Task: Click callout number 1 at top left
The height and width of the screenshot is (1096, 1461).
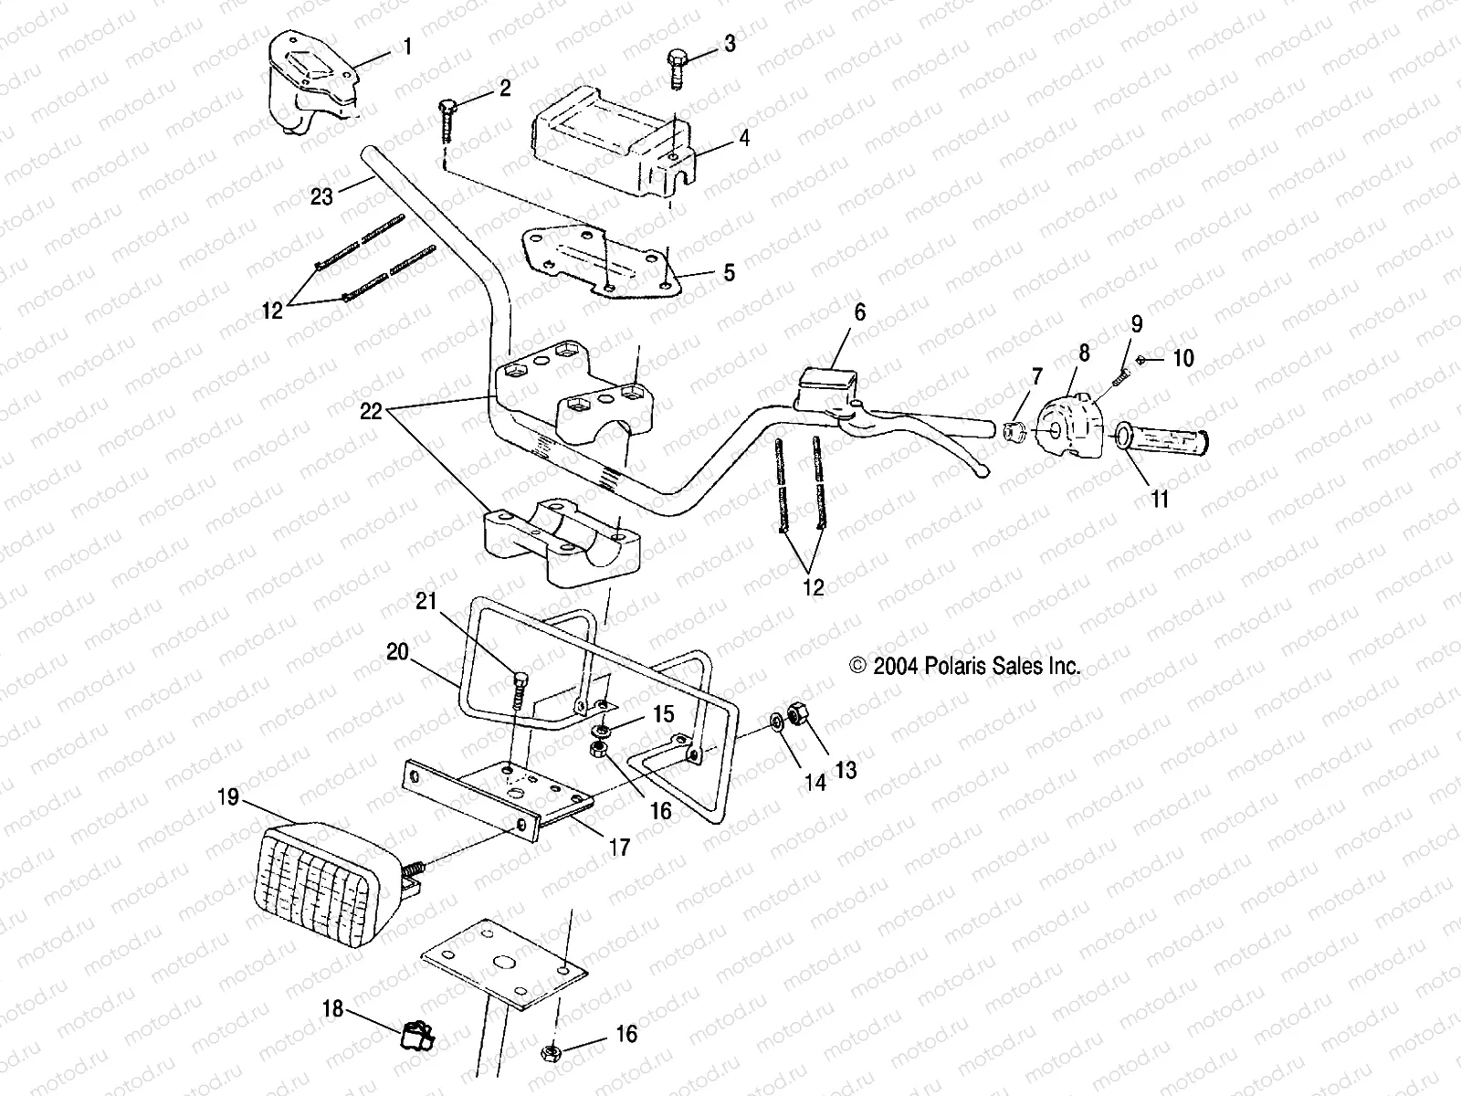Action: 407,47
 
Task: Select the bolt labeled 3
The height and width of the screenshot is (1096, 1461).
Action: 677,64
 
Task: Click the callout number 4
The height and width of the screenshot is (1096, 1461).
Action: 744,139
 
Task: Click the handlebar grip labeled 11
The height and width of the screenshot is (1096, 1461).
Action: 1164,443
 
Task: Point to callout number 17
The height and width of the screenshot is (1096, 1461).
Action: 619,848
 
